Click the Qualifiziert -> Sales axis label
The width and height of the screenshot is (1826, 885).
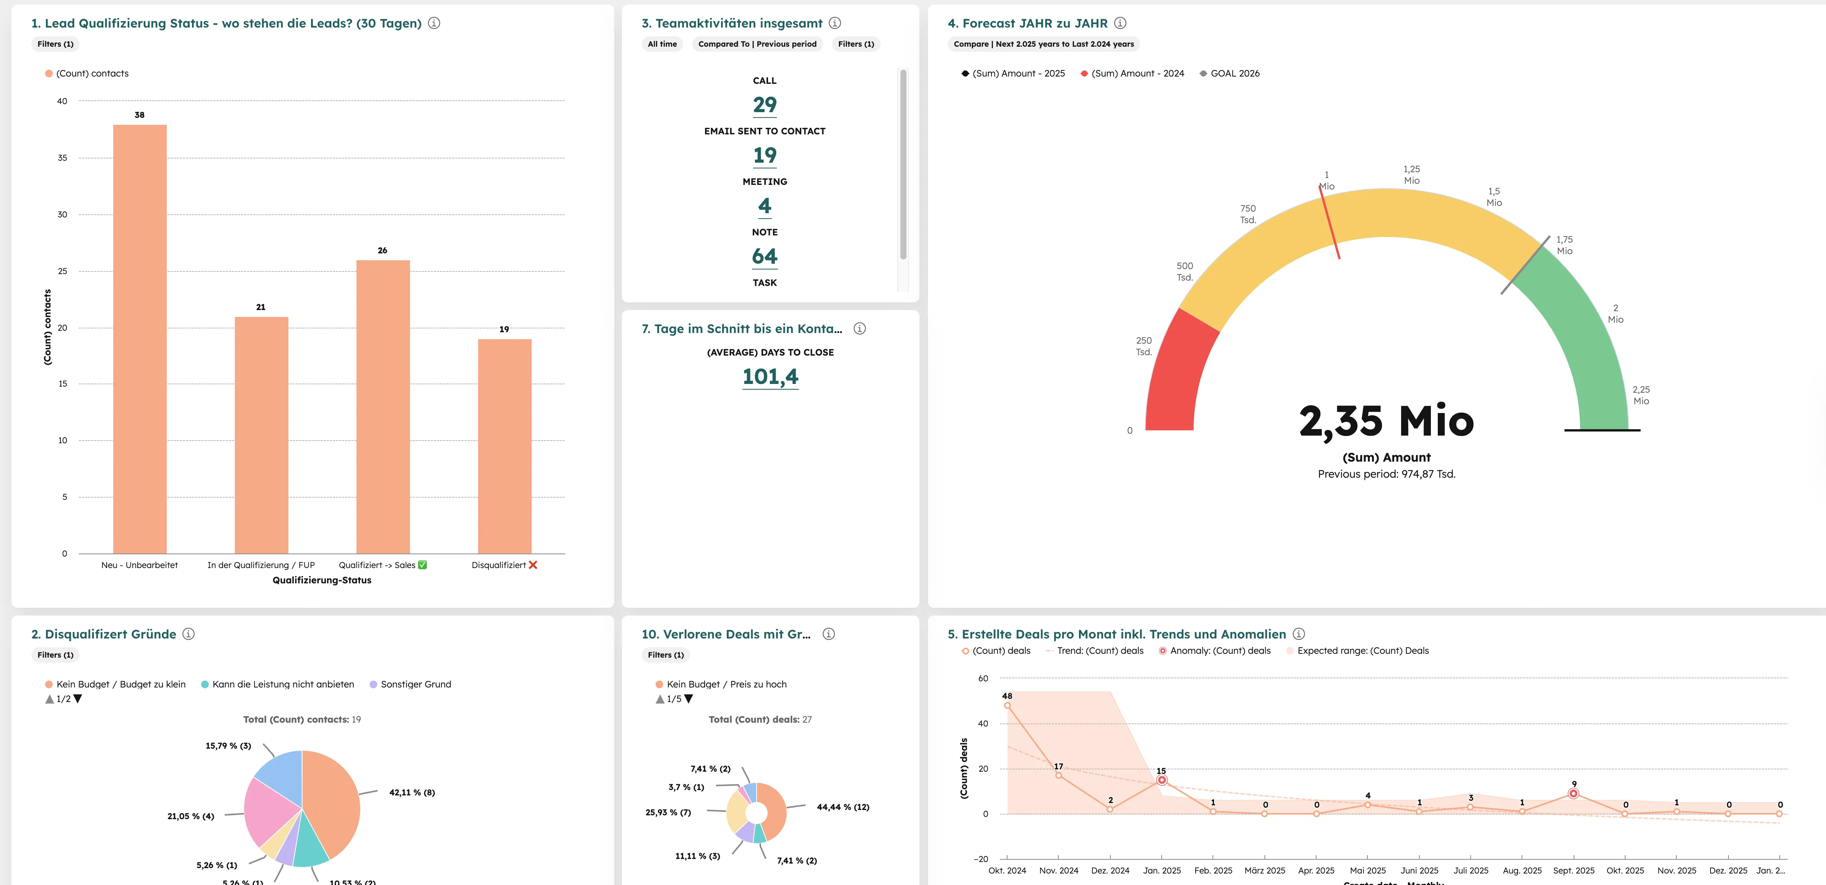pos(382,565)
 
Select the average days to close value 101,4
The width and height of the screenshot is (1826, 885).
pos(770,377)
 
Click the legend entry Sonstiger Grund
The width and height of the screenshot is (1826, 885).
pos(415,684)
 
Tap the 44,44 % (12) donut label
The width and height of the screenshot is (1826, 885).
pos(843,807)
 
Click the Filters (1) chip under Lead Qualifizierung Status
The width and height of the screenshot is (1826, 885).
pos(55,44)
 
